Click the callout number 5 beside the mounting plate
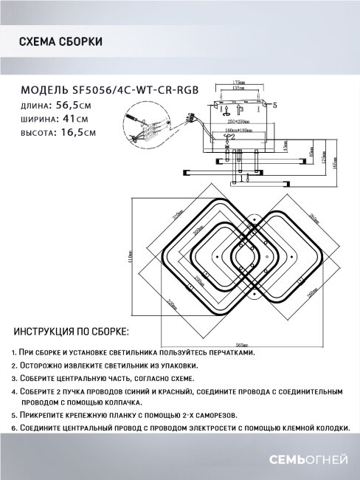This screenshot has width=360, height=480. click(274, 106)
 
